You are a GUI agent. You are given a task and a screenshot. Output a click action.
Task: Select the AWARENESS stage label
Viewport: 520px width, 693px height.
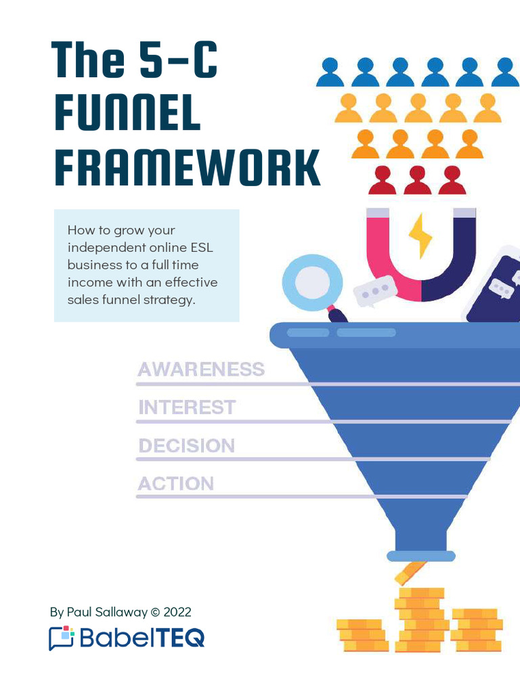pyautogui.click(x=200, y=370)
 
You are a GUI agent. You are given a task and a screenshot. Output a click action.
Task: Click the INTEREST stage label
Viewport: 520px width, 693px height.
pyautogui.click(x=187, y=407)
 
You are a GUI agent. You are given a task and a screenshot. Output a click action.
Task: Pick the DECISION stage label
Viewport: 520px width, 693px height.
pyautogui.click(x=186, y=446)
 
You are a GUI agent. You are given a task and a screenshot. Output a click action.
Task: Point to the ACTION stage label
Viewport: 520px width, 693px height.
pyautogui.click(x=175, y=484)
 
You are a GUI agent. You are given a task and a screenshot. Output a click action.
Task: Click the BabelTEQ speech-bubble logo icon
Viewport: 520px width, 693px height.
pyautogui.click(x=61, y=638)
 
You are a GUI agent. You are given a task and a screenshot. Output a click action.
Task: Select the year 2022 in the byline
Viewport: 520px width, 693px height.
pyautogui.click(x=177, y=612)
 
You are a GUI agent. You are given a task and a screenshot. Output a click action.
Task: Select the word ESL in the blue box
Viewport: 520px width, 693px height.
pyautogui.click(x=201, y=248)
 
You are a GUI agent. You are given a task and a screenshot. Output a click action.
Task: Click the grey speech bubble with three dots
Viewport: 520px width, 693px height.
pyautogui.click(x=374, y=291)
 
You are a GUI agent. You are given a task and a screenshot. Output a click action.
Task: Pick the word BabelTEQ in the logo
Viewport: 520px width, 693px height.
pyautogui.click(x=142, y=638)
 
